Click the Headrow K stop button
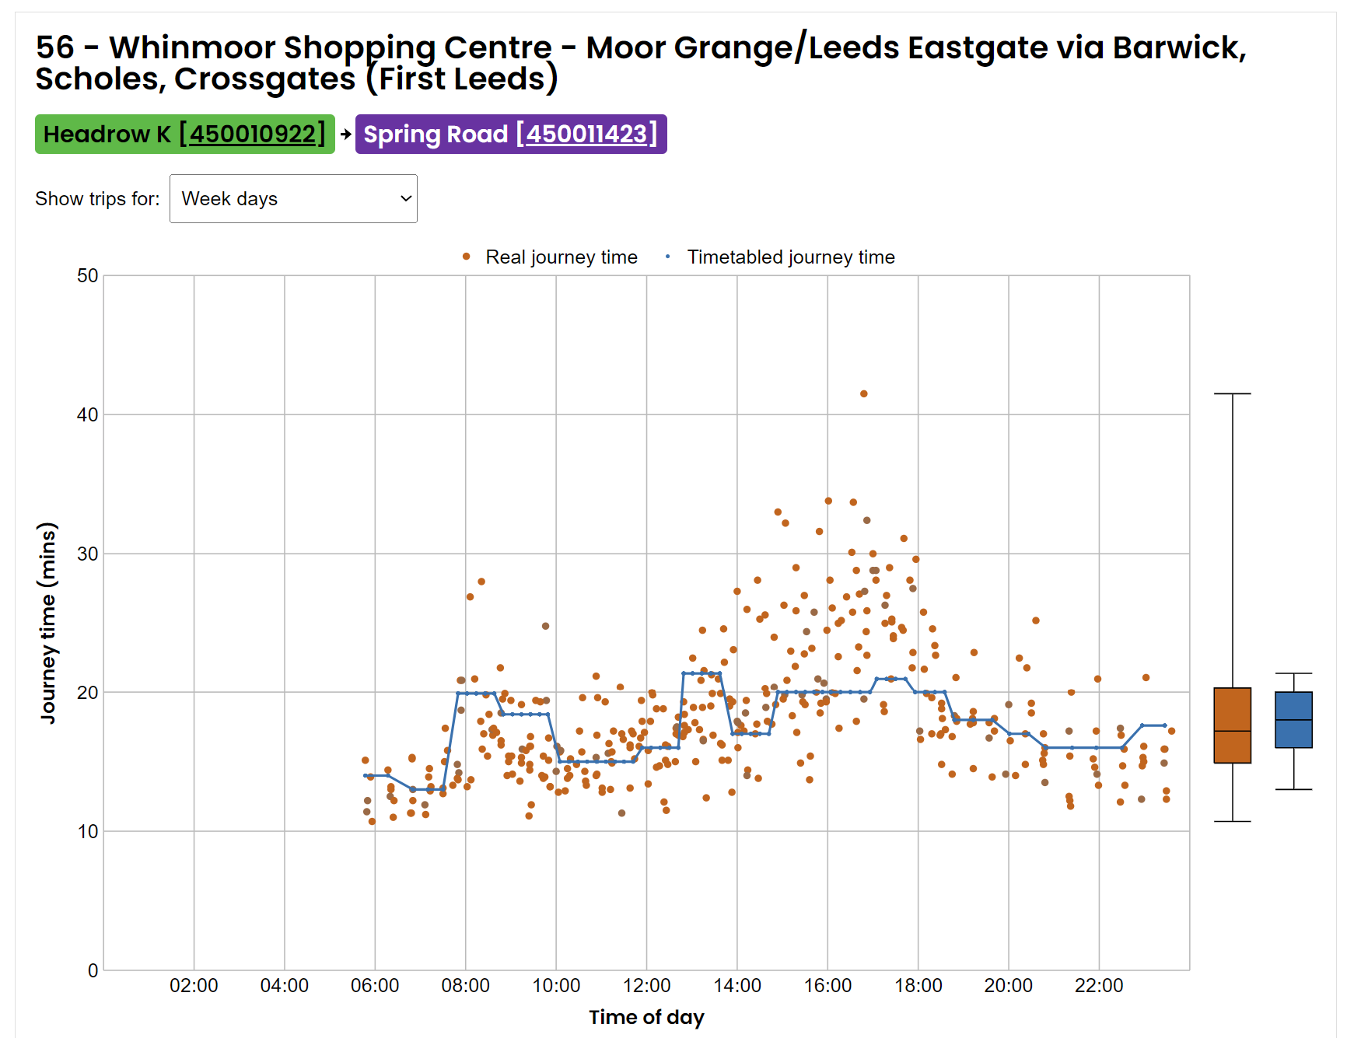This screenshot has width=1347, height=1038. [x=184, y=135]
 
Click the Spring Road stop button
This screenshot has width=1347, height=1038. [x=510, y=135]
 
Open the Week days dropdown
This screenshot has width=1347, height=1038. [x=293, y=199]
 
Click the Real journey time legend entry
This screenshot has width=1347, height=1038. [x=551, y=257]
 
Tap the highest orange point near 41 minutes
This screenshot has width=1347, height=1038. [x=863, y=394]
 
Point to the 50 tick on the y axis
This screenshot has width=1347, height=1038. [x=88, y=276]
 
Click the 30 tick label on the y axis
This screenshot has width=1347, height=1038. [x=88, y=554]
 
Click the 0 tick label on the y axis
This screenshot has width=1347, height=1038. [x=93, y=970]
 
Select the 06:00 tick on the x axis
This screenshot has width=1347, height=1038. [x=375, y=986]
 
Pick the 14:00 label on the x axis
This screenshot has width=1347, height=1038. [x=737, y=986]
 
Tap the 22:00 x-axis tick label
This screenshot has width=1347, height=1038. [x=1099, y=986]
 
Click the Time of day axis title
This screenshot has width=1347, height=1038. [x=646, y=1017]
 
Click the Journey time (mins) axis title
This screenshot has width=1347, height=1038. [x=48, y=623]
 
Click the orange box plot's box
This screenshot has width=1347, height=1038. [x=1232, y=725]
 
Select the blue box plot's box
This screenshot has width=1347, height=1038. [x=1293, y=720]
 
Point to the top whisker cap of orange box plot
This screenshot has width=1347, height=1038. [x=1232, y=394]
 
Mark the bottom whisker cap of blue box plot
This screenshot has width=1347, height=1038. [x=1293, y=790]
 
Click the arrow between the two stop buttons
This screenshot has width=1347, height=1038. [x=345, y=135]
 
